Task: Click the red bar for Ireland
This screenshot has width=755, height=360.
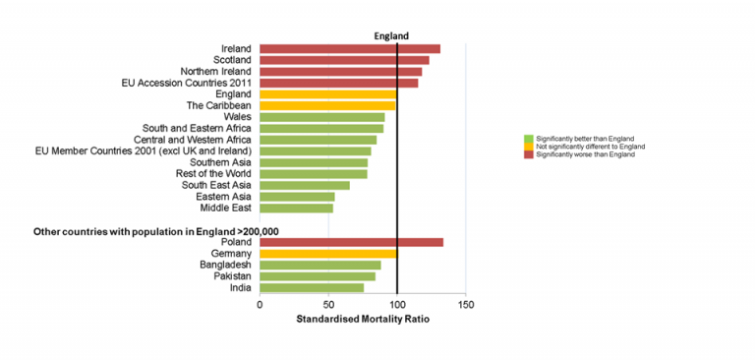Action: pos(349,49)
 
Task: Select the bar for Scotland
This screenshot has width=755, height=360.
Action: pos(344,60)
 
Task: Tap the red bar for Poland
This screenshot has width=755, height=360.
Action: pos(351,242)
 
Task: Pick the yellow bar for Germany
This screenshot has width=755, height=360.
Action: pos(327,254)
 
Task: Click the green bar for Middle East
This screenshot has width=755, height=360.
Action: pos(296,208)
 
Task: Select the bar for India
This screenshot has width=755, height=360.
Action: pos(312,287)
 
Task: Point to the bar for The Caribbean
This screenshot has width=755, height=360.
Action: pos(327,105)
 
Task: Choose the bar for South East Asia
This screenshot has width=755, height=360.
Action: pos(305,185)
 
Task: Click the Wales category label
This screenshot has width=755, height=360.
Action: pos(237,117)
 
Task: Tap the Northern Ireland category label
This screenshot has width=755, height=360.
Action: pos(215,72)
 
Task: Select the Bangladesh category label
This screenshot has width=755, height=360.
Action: pos(225,265)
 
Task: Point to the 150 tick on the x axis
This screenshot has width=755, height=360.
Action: pos(465,305)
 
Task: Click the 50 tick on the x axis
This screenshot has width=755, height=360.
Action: pos(328,305)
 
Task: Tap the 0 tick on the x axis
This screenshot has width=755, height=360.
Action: pos(260,305)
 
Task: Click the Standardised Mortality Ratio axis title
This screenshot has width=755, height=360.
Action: pos(363,320)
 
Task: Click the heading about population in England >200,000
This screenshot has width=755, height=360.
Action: pos(156,231)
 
